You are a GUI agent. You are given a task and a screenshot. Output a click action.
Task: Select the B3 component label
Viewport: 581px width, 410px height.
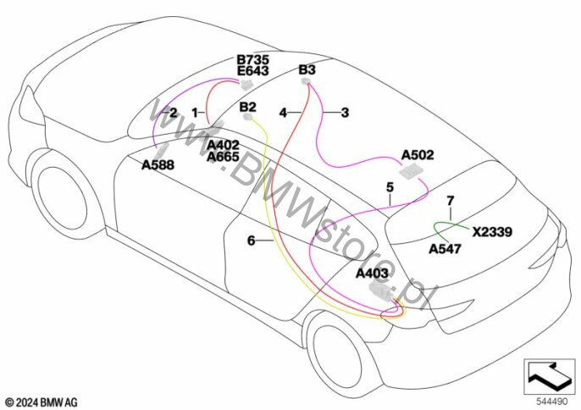(x=307, y=69)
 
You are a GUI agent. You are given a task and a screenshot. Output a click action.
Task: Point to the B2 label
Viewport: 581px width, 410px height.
(x=247, y=107)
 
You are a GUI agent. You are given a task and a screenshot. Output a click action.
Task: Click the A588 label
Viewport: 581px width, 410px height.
(x=158, y=165)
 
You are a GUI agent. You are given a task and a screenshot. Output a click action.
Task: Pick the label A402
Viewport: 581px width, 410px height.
(x=224, y=146)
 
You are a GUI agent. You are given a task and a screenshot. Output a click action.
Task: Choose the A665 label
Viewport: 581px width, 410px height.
(x=224, y=158)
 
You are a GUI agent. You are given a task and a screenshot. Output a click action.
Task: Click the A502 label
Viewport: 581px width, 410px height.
(x=418, y=155)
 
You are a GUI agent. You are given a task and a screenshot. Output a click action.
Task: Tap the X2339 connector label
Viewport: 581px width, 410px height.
(x=492, y=230)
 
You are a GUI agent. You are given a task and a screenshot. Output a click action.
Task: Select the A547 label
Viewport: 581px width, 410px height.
(x=445, y=249)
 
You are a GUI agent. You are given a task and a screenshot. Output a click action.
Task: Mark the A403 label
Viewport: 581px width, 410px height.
(x=372, y=274)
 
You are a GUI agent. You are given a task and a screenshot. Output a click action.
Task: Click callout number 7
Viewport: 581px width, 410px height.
(x=451, y=201)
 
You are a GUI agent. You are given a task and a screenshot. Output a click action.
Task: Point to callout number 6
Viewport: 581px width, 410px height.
(x=251, y=241)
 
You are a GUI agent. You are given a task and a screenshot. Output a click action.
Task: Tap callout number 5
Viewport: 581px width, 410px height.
(x=390, y=186)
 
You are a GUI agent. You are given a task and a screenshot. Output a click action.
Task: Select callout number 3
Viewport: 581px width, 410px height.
(x=345, y=112)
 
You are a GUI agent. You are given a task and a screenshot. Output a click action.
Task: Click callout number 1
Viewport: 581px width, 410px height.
(x=194, y=112)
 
